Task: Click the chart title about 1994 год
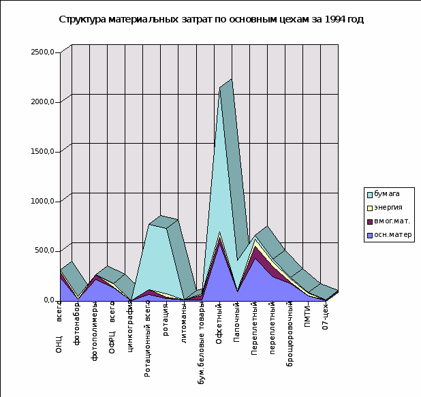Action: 210,20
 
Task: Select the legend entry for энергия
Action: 388,208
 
